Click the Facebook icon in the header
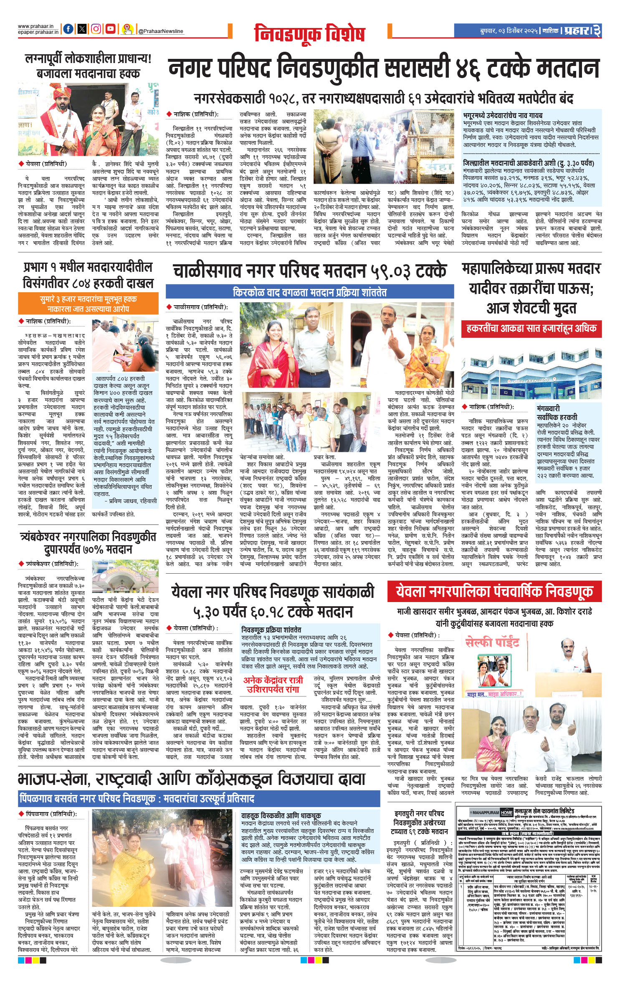pos(68,29)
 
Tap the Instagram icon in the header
pos(96,29)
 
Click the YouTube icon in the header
pos(110,29)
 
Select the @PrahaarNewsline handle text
pos(160,31)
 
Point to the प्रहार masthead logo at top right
pos(577,30)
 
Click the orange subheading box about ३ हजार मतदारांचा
pos(88,304)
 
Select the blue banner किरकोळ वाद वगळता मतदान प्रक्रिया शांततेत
pos(309,292)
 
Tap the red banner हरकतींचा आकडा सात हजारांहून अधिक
pos(531,329)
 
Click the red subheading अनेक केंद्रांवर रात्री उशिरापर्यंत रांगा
pos(273,685)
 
